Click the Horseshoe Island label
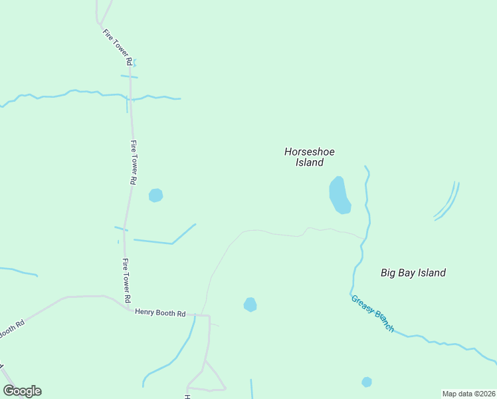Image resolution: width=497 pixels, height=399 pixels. coord(309,157)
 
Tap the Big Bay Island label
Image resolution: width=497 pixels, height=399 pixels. coord(413,273)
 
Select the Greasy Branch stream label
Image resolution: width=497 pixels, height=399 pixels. coord(372,313)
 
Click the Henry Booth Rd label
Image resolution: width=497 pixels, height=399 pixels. coord(159,311)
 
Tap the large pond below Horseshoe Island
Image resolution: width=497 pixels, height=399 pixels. coord(340,195)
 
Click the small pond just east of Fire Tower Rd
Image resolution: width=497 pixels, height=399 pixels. coord(155,196)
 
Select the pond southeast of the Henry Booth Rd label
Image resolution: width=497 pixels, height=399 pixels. coord(250,305)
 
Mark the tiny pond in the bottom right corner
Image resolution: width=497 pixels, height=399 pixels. coord(367,382)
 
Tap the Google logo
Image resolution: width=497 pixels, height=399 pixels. coord(22,391)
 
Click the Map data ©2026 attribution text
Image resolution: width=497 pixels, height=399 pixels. coord(469,394)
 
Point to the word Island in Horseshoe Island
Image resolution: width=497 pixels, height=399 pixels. coord(309,162)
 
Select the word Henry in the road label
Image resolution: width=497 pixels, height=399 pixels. coord(146,311)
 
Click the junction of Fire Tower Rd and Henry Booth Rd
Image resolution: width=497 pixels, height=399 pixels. coord(128,308)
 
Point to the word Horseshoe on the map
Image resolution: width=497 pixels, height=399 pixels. coord(309,152)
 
